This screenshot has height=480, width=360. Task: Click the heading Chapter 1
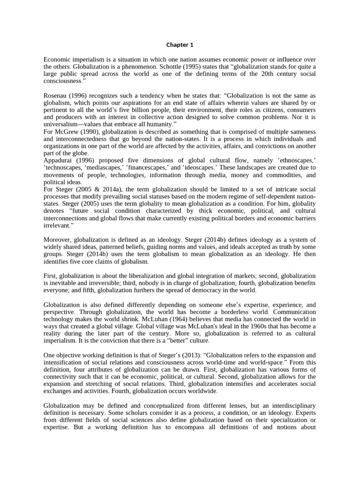tap(180, 45)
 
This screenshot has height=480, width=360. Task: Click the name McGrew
tap(66, 132)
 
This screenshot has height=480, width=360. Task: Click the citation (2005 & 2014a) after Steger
tap(92, 189)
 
